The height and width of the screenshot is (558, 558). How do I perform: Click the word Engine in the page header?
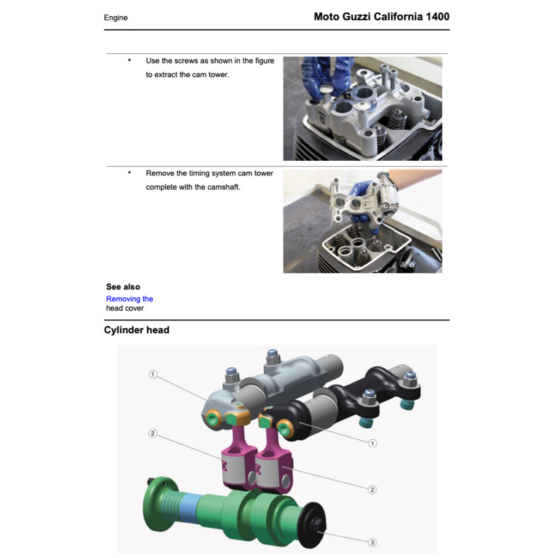click(x=116, y=17)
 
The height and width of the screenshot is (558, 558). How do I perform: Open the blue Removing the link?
click(x=129, y=299)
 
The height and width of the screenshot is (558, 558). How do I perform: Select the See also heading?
click(x=123, y=287)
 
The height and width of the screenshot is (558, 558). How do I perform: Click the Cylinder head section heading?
click(x=136, y=330)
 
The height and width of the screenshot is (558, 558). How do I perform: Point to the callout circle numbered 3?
click(x=372, y=542)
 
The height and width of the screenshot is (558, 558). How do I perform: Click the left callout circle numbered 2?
click(x=153, y=434)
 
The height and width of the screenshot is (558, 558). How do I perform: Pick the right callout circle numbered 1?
click(x=372, y=443)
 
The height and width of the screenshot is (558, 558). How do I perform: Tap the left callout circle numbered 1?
click(x=153, y=374)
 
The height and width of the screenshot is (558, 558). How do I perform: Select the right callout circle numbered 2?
click(x=372, y=489)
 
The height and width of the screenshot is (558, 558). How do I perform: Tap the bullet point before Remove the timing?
click(x=129, y=173)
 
